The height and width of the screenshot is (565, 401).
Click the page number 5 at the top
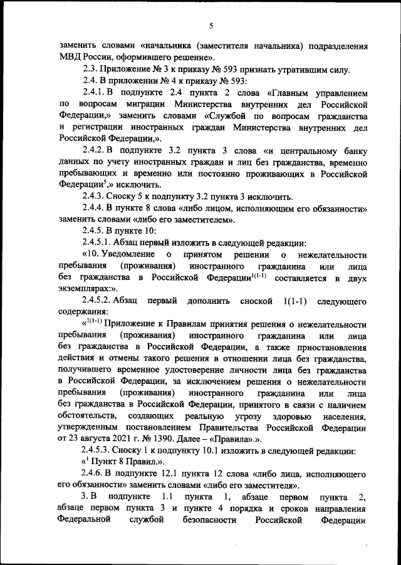[211, 25]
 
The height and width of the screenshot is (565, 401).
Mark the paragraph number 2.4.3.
[95, 195]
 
